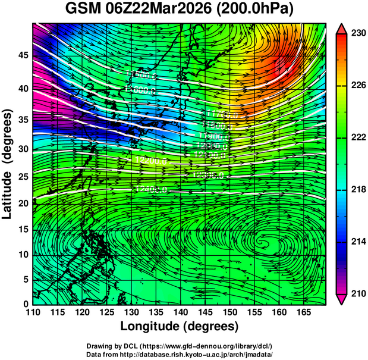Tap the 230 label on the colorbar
[x=358, y=34]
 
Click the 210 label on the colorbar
[x=358, y=293]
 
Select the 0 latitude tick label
[x=24, y=303]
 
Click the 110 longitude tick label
[x=33, y=312]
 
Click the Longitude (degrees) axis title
[x=179, y=326]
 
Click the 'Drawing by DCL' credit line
[x=179, y=346]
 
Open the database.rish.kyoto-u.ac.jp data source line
[x=179, y=353]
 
